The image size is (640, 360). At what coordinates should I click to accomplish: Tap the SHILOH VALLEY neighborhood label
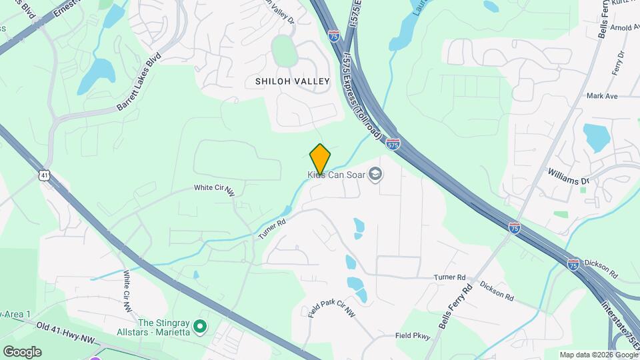(293, 81)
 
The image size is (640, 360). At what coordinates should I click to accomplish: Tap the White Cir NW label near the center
(214, 189)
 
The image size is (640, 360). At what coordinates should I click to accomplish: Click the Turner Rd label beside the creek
(272, 227)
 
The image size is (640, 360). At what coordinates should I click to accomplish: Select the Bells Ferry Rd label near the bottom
(455, 306)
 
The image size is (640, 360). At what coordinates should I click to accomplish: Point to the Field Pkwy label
(412, 336)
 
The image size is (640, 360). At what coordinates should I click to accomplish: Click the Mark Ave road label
(602, 96)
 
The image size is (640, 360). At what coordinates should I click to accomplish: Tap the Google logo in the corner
(22, 351)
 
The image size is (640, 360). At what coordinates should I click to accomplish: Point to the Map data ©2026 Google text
(598, 355)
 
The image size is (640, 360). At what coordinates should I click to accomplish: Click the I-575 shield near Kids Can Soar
(393, 144)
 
